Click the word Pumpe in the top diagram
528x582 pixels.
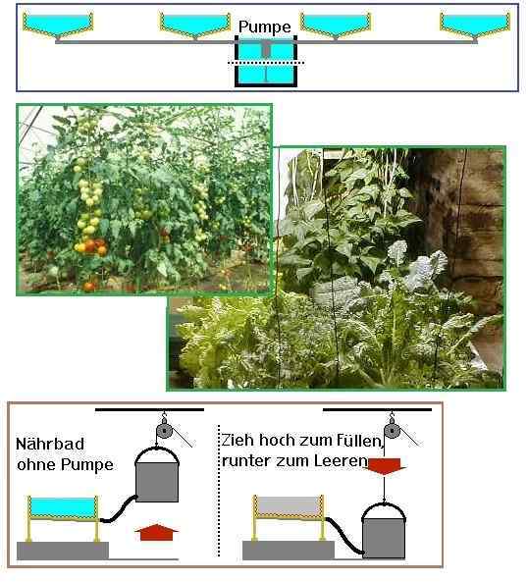(265, 27)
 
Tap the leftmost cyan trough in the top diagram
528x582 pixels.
(58, 25)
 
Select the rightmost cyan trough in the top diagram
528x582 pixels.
(475, 25)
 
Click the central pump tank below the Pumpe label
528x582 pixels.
(266, 61)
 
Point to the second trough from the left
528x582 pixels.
(194, 25)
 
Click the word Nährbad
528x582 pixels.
(50, 444)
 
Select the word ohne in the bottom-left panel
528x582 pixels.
(36, 464)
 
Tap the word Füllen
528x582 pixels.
(360, 441)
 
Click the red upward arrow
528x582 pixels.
(156, 532)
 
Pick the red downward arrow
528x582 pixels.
(385, 466)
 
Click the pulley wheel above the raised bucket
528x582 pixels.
(164, 431)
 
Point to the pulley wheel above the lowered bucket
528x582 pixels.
(392, 431)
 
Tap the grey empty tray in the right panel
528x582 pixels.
(289, 506)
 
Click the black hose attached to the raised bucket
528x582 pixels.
(119, 509)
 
